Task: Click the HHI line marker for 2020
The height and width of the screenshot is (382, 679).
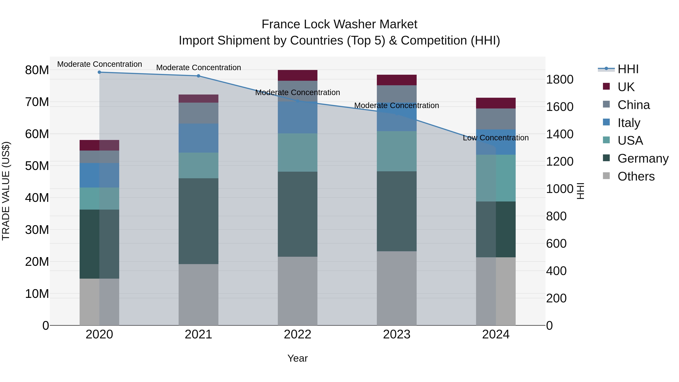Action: [x=99, y=72]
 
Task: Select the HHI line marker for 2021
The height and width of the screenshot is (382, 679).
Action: [x=198, y=76]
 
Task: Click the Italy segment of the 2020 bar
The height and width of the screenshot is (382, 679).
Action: [x=99, y=175]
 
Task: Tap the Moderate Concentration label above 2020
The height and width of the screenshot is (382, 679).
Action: [x=99, y=64]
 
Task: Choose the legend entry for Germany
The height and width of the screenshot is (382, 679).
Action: [x=643, y=158]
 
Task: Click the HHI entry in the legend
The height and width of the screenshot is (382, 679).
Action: [x=628, y=69]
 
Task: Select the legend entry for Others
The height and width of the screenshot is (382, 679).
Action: [x=636, y=176]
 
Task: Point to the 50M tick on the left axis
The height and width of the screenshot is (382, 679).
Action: [x=37, y=166]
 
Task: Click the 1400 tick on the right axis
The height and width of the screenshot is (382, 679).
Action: [x=559, y=134]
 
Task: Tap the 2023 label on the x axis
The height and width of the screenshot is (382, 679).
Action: [x=396, y=334]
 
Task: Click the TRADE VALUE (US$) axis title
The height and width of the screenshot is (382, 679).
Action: [x=6, y=191]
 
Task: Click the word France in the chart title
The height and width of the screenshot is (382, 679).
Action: [x=280, y=24]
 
